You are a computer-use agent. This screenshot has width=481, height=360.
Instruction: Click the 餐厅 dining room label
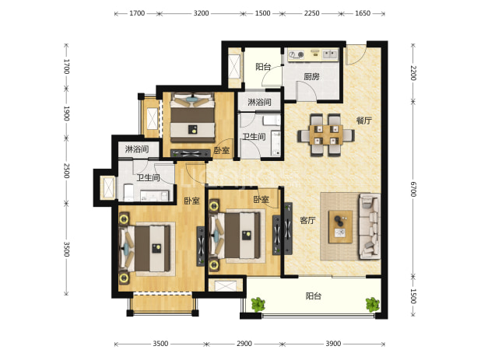coord(363,121)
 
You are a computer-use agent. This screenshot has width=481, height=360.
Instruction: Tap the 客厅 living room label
coord(307,220)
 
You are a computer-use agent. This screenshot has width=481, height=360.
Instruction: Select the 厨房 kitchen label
coord(311,76)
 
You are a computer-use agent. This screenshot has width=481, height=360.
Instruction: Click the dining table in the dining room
coord(326,135)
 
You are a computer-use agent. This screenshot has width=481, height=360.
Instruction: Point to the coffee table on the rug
coord(340,227)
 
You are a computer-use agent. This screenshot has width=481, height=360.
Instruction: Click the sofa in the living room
coord(369,226)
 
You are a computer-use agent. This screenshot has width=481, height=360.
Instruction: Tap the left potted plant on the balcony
coord(258,305)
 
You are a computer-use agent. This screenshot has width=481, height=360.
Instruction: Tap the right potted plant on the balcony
coord(373,305)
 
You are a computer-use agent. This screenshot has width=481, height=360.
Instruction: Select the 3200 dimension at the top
coord(201,13)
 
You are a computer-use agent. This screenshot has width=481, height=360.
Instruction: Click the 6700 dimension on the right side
coord(413,190)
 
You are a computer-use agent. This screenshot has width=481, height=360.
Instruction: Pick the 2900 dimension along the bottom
coord(244,344)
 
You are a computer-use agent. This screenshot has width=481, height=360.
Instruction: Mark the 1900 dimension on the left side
coord(66,114)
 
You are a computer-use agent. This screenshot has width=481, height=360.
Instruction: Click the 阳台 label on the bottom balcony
coord(314,296)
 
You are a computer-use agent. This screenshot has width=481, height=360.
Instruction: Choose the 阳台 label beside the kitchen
coord(263,67)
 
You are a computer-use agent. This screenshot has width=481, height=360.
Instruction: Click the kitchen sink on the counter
coord(329,54)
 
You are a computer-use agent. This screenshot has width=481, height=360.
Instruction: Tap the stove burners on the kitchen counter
coord(297,54)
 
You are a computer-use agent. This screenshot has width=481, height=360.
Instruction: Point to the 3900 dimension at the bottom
coord(333,344)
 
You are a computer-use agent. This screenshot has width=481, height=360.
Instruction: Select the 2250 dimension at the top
coord(311,13)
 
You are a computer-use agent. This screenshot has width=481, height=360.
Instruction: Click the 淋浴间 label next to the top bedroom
coord(259,102)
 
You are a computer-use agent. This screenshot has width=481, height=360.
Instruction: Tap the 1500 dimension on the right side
coord(413,296)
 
